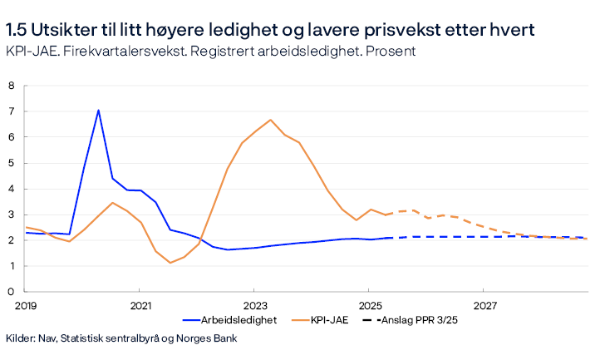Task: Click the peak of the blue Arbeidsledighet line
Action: (x=98, y=110)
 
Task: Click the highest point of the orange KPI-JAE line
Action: (x=270, y=120)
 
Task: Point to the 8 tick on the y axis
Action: (x=12, y=86)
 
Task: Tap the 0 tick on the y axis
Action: (x=12, y=292)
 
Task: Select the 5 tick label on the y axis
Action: (x=12, y=163)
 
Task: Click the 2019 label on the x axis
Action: (x=27, y=304)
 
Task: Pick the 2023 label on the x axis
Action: (x=255, y=304)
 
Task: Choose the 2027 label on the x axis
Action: (x=484, y=304)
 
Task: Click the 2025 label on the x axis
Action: (x=370, y=304)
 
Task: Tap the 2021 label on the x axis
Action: (x=140, y=304)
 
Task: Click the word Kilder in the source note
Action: (x=20, y=338)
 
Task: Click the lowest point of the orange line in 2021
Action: (x=170, y=263)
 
